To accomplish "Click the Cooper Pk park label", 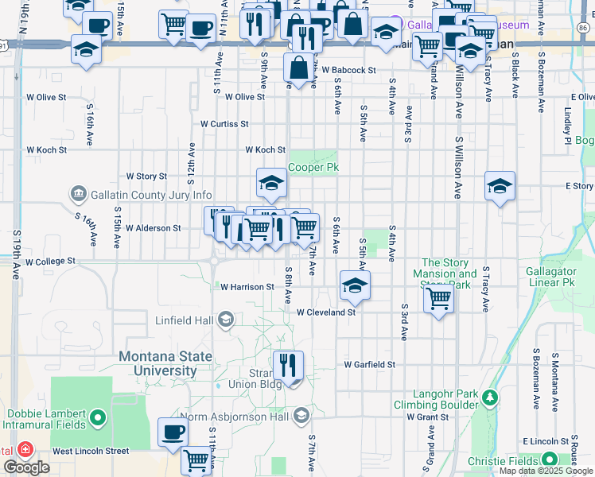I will [x=313, y=168].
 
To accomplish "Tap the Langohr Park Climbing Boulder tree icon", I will [x=492, y=397].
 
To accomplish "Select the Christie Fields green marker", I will [x=549, y=460].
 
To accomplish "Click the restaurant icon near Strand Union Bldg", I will [x=288, y=365].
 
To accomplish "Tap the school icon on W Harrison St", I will [x=355, y=285].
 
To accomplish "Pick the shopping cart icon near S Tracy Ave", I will [x=438, y=299].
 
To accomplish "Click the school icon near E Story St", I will [x=500, y=186].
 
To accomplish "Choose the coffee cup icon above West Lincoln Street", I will [x=173, y=432].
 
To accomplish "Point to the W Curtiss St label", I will [x=224, y=124].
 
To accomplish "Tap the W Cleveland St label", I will [x=325, y=312].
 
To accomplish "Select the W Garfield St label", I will [x=369, y=364].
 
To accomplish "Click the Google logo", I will [x=26, y=467].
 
